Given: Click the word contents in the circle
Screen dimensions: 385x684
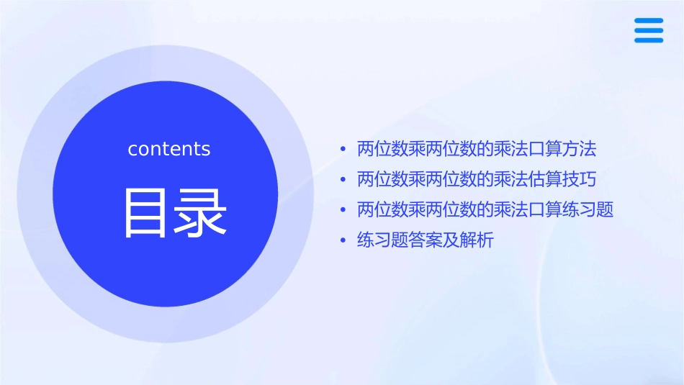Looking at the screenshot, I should click(x=169, y=149).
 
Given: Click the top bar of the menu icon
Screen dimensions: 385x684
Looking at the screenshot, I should click(x=648, y=22).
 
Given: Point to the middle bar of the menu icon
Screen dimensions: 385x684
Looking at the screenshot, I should click(x=648, y=31).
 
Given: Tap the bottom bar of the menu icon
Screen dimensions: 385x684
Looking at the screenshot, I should click(x=648, y=40).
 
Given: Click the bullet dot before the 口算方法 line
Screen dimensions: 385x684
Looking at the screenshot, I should click(x=343, y=150).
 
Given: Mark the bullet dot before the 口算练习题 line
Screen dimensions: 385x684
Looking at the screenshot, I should click(x=343, y=210).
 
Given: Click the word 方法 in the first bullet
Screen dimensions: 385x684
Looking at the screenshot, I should click(x=580, y=150).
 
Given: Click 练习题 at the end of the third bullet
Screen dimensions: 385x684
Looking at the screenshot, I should click(x=588, y=210).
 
